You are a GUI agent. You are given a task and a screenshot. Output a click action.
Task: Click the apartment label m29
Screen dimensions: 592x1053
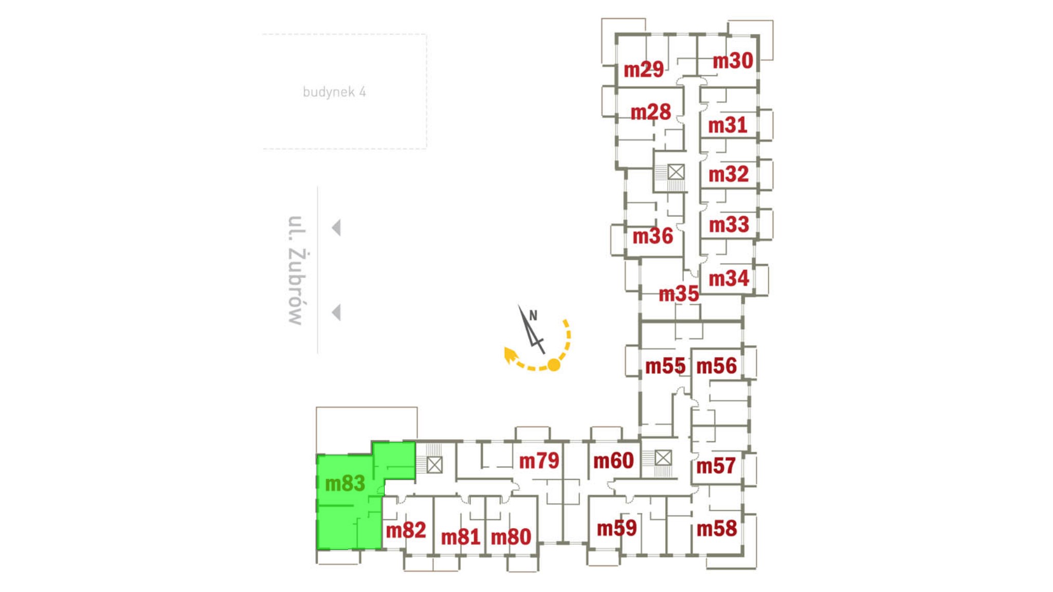(x=643, y=69)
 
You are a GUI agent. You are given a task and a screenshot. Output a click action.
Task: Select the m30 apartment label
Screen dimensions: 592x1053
(x=733, y=61)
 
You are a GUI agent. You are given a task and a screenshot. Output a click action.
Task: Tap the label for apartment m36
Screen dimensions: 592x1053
(x=652, y=236)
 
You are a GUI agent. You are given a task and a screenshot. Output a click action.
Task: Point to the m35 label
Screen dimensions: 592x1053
(x=679, y=294)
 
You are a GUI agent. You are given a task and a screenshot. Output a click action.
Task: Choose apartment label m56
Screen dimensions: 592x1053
(x=716, y=366)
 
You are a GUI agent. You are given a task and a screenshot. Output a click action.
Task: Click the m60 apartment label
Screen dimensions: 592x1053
(x=613, y=461)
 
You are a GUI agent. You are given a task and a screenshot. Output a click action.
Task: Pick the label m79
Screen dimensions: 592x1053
(x=539, y=461)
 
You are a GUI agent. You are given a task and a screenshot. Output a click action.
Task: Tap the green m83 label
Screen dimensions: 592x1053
(x=345, y=484)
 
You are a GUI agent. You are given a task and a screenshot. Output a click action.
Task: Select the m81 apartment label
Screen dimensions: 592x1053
(x=461, y=538)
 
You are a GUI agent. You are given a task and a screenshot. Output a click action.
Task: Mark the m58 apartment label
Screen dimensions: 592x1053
(x=717, y=529)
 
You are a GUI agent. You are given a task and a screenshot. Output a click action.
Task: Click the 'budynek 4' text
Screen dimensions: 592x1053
(x=334, y=92)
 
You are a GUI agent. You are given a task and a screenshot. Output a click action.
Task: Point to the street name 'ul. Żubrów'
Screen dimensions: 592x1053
(x=297, y=270)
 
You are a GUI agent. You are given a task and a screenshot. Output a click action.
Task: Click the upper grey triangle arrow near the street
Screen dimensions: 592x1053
(x=337, y=227)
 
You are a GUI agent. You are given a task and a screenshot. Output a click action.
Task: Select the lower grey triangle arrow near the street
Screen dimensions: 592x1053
(x=337, y=312)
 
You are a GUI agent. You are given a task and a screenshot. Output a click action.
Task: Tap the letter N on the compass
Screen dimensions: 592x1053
(x=533, y=316)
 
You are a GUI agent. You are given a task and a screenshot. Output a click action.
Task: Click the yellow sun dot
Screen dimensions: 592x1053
(x=554, y=365)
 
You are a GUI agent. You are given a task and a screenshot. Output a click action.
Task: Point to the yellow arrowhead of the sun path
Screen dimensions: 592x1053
(x=510, y=354)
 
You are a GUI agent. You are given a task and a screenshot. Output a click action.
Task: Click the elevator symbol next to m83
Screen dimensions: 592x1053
(x=434, y=465)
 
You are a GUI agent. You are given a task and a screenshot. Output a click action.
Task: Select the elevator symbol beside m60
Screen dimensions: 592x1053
(x=663, y=457)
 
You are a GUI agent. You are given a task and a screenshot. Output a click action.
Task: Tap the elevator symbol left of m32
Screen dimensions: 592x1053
(x=676, y=172)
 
